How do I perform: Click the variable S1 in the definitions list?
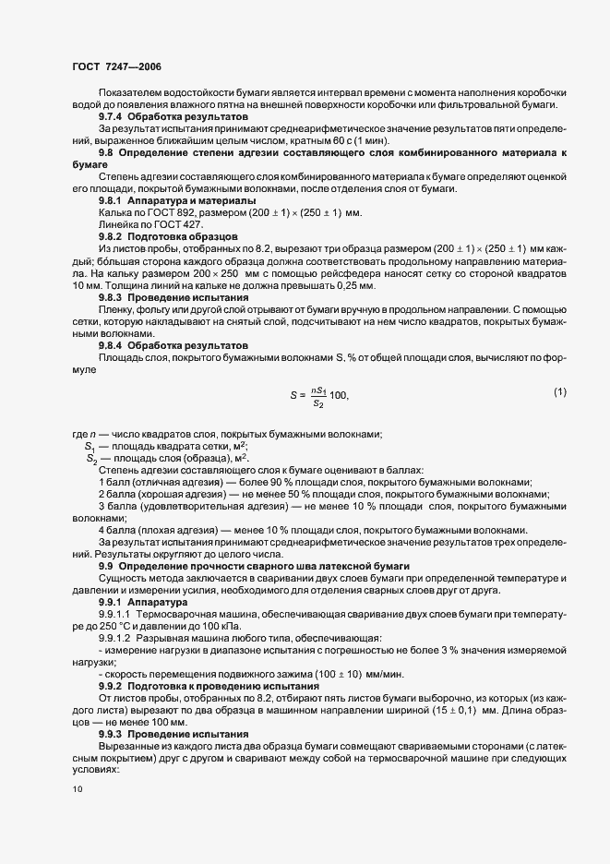click(91, 447)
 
